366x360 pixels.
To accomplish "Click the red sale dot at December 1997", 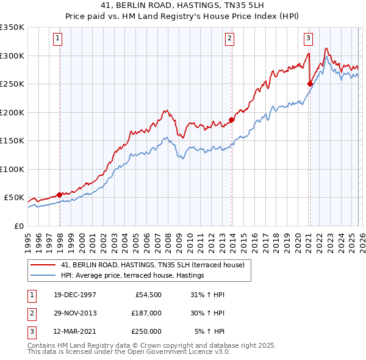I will click(59, 195).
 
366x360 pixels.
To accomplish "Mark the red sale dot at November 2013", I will click(232, 120).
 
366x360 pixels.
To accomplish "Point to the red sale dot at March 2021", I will click(310, 84).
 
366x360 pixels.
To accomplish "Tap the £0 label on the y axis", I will click(18, 226).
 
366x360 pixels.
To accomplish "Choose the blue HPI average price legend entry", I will click(132, 276).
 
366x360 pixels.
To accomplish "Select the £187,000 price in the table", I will click(146, 313).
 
